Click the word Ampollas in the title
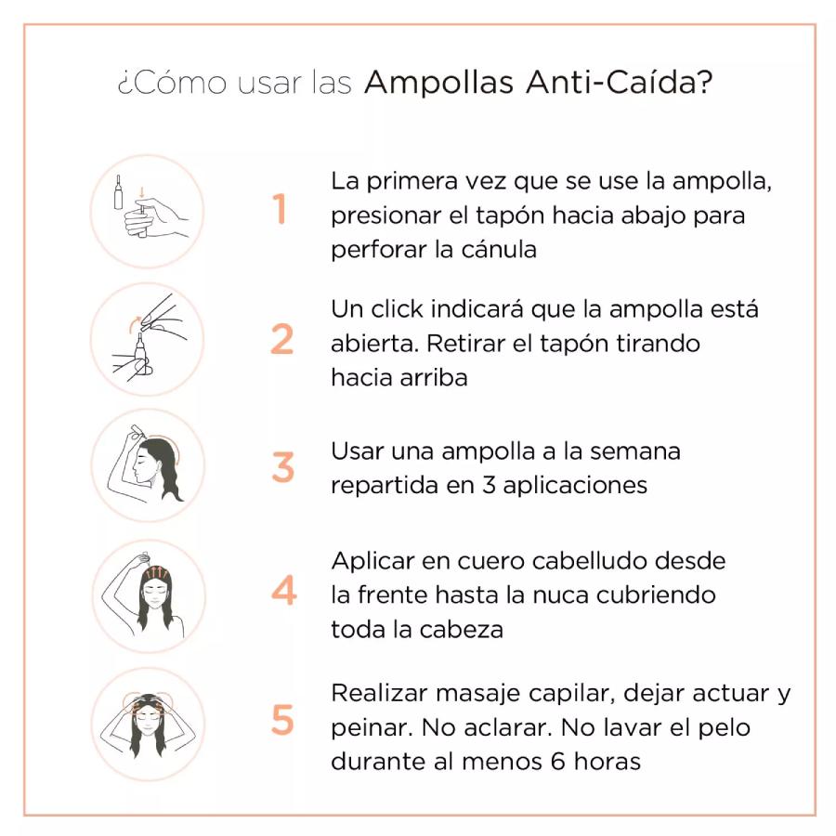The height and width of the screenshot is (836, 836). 438,83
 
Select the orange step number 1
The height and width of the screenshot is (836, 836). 280,210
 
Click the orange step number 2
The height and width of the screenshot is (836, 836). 282,339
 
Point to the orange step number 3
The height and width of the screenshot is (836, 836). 282,466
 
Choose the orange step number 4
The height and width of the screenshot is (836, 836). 283,591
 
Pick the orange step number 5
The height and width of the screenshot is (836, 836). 282,720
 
